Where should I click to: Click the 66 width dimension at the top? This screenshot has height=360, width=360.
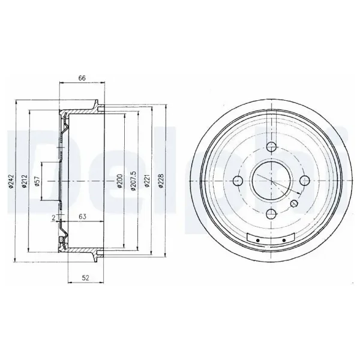point(82,78)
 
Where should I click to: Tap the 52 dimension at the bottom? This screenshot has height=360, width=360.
point(85,278)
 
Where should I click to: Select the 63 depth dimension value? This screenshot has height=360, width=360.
point(82,216)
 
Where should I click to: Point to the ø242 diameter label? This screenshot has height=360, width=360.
point(12,182)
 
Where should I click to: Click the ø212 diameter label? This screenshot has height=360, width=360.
point(25,182)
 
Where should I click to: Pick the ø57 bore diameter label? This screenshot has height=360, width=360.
point(37,181)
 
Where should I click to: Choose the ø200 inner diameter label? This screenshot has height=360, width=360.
point(119,181)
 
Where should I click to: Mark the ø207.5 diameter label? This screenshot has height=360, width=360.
point(133,181)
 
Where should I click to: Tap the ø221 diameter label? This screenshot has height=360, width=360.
point(147,181)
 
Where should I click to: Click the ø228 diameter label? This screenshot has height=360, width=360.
point(161,181)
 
